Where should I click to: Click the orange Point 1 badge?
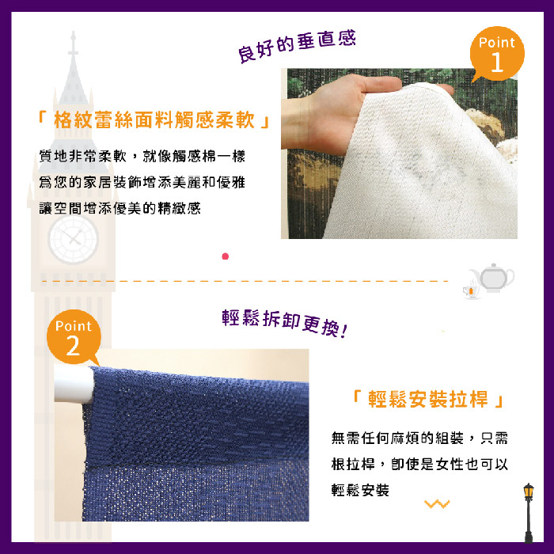pos(497,54)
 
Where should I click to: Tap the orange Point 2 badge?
pos(74,337)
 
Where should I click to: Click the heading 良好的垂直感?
pos(297,47)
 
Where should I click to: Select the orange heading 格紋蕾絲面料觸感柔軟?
pos(154,120)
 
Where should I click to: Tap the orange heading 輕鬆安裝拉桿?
pos(428,399)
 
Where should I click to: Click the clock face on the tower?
pos(73,239)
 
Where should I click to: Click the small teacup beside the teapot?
pos(471,290)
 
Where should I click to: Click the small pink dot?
pos(225,256)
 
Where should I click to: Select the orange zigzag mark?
pos(437,503)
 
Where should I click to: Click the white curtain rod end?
pos(74,385)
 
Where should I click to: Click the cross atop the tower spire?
pos(73,44)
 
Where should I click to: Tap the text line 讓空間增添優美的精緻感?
pos(120,208)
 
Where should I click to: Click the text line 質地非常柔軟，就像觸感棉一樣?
pos(142,156)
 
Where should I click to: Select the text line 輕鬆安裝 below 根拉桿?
pos(360,490)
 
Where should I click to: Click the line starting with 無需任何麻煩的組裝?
pos(419,438)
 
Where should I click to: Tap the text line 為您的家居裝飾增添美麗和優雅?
pos(142,182)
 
